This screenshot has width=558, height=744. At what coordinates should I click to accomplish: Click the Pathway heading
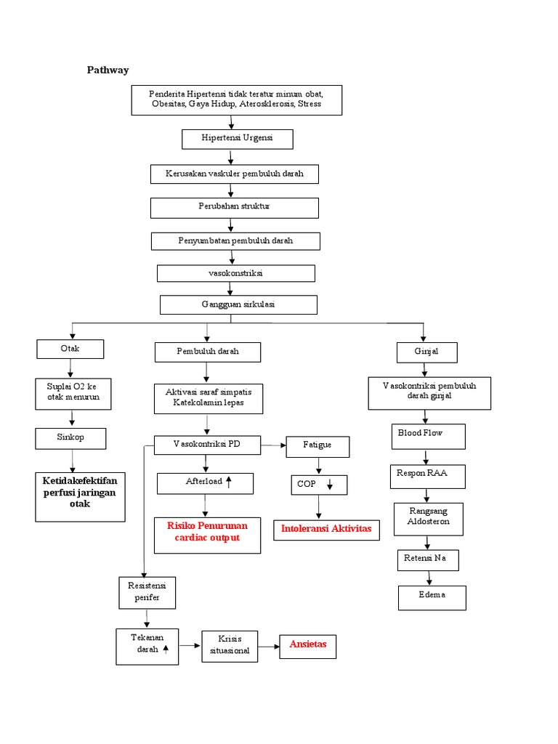point(108,70)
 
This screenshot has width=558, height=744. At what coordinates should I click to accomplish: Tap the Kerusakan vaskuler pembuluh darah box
point(234,174)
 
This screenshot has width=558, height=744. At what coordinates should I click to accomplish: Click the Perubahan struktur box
point(234,207)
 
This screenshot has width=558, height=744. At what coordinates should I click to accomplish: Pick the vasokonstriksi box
point(236,273)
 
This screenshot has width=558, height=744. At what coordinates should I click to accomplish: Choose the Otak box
point(70,349)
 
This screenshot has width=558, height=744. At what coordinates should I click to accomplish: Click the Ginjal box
point(426,352)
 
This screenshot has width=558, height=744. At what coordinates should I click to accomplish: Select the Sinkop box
point(70,438)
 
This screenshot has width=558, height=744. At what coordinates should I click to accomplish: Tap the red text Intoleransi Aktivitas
point(325,529)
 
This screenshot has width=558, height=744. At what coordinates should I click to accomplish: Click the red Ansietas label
point(308,644)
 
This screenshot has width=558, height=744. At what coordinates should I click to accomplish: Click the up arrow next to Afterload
point(228,482)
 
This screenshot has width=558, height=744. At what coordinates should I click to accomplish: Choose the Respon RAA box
point(427,476)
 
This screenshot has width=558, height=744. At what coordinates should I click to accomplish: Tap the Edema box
point(432,597)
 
